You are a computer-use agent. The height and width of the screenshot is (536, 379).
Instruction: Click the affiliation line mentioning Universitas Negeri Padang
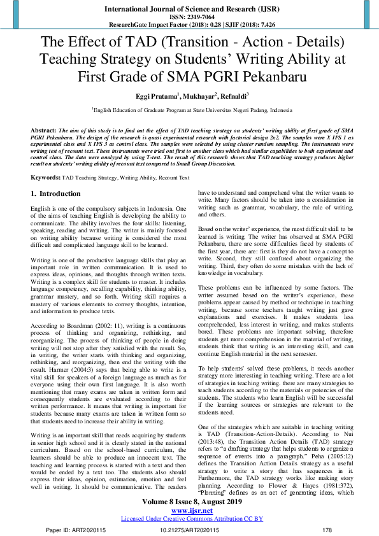[x=189, y=109]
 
